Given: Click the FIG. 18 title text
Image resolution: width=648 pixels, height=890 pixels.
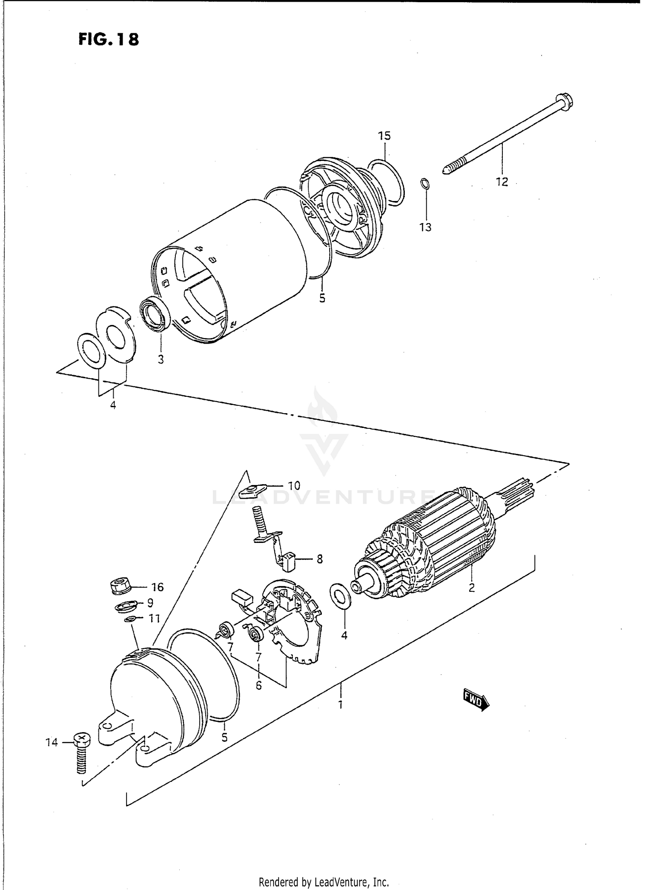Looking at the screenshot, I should [109, 39].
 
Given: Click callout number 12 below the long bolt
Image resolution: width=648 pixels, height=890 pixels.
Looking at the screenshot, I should [502, 182].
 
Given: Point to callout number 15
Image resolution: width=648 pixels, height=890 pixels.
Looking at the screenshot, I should [384, 136].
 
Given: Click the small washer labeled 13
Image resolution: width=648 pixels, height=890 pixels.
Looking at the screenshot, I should [425, 184].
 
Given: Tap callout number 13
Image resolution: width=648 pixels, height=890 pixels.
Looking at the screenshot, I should [426, 227].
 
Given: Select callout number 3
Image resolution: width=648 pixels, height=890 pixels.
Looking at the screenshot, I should [161, 359].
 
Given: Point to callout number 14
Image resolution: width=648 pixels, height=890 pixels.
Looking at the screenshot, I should [51, 743].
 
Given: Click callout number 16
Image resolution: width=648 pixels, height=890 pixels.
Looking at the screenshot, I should [157, 587].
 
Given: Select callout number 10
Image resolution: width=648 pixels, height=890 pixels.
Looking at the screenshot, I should [294, 485].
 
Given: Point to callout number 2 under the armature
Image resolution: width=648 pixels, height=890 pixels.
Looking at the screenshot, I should [472, 588].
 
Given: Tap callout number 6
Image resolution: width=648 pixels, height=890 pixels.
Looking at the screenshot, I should [258, 685].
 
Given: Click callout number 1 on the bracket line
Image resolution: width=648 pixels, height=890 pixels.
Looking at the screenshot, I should [340, 705].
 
